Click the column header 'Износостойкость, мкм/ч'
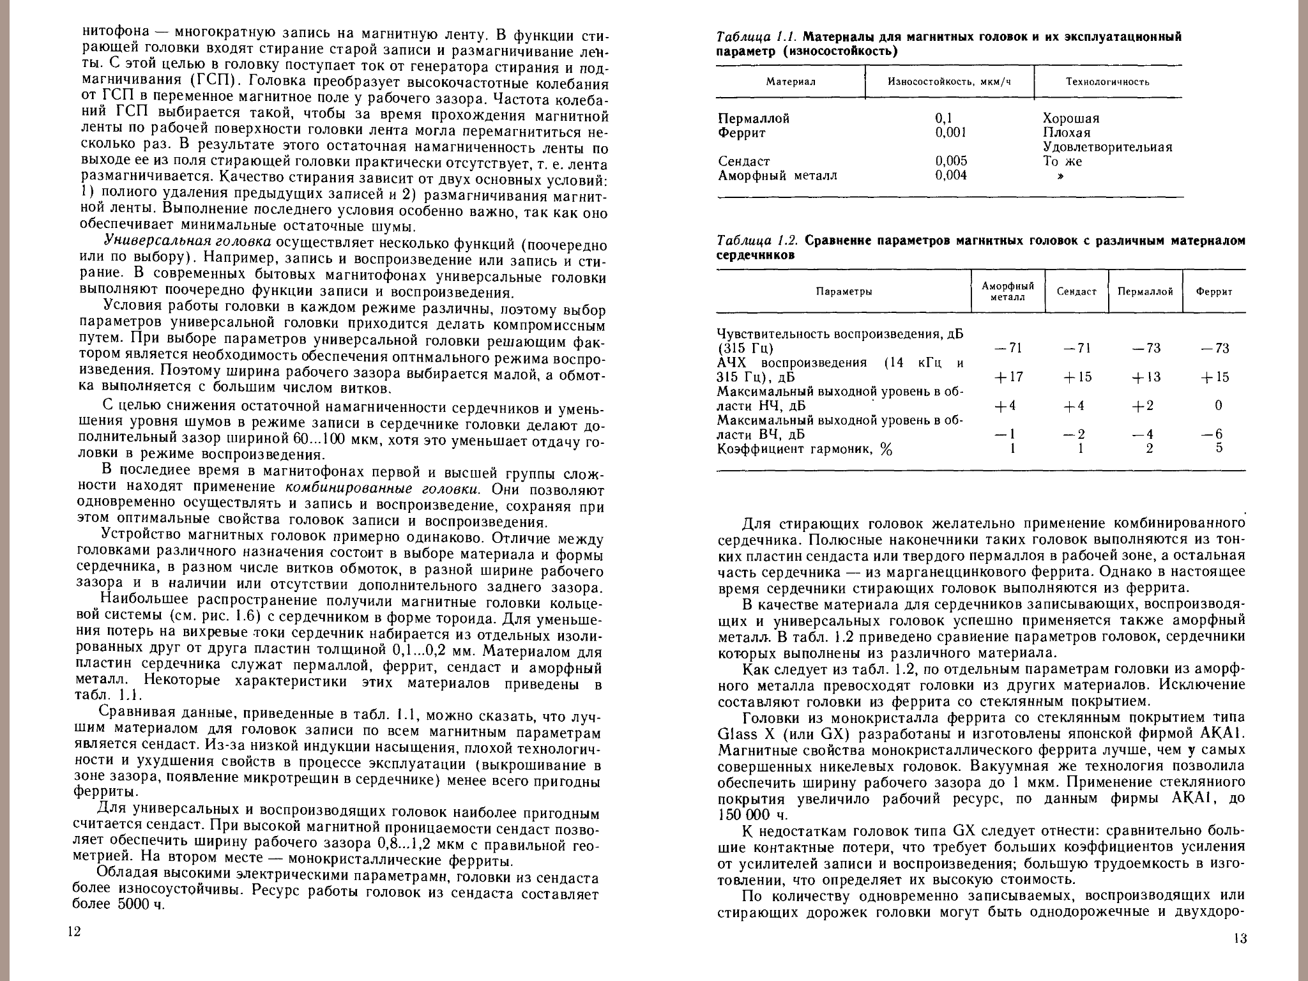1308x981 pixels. [x=950, y=82]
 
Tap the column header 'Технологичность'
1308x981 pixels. [x=1107, y=82]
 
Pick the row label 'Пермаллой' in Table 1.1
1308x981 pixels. [x=754, y=119]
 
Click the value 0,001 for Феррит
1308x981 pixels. [x=950, y=133]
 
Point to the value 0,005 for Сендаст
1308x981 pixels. [x=951, y=161]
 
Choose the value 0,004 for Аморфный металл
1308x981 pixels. [x=951, y=175]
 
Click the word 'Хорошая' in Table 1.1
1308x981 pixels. [x=1071, y=119]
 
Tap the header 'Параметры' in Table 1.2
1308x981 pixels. [x=844, y=292]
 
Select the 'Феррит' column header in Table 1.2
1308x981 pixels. [x=1214, y=292]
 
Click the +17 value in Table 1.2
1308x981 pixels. [x=1008, y=377]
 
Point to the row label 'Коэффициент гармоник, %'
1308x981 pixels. [x=804, y=449]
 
